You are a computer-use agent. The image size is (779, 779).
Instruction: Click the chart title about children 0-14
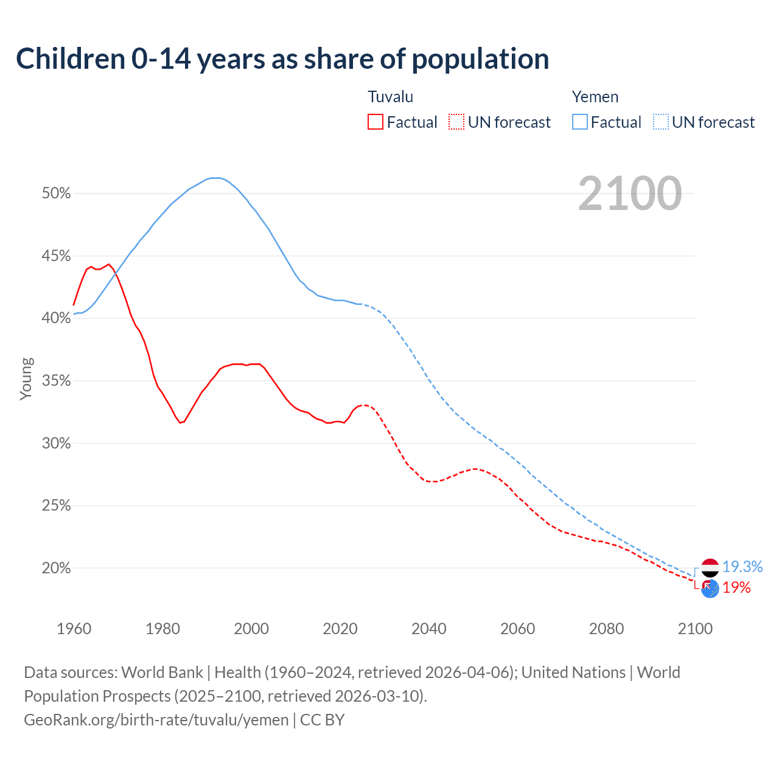[282, 59]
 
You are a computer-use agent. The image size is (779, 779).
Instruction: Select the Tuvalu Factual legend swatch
[375, 122]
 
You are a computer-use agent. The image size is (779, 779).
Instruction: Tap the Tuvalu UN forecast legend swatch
[456, 122]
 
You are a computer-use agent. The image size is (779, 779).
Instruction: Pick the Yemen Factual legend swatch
[579, 122]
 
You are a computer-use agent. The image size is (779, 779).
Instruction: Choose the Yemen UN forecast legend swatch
[660, 122]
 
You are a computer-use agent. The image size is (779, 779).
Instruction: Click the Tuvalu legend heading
[390, 97]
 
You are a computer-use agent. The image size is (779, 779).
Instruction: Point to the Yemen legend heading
[595, 97]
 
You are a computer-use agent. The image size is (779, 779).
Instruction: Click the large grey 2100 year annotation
[629, 194]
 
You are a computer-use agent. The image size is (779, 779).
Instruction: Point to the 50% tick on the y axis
[56, 194]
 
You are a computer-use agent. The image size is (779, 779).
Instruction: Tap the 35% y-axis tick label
[56, 381]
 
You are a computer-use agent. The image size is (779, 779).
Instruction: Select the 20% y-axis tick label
[56, 568]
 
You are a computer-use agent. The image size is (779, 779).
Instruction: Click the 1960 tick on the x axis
[74, 629]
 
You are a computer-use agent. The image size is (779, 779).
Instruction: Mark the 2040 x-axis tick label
[428, 629]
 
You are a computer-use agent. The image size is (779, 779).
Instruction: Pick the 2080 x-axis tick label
[606, 629]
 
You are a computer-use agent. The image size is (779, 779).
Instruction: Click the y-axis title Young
[26, 379]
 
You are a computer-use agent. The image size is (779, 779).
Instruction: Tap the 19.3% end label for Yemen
[742, 567]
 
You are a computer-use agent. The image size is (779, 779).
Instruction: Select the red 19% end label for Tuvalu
[736, 588]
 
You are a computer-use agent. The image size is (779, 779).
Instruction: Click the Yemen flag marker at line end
[710, 568]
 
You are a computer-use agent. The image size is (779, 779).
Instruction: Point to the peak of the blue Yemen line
[214, 178]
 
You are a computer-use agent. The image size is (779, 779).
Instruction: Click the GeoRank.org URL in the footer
[156, 720]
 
